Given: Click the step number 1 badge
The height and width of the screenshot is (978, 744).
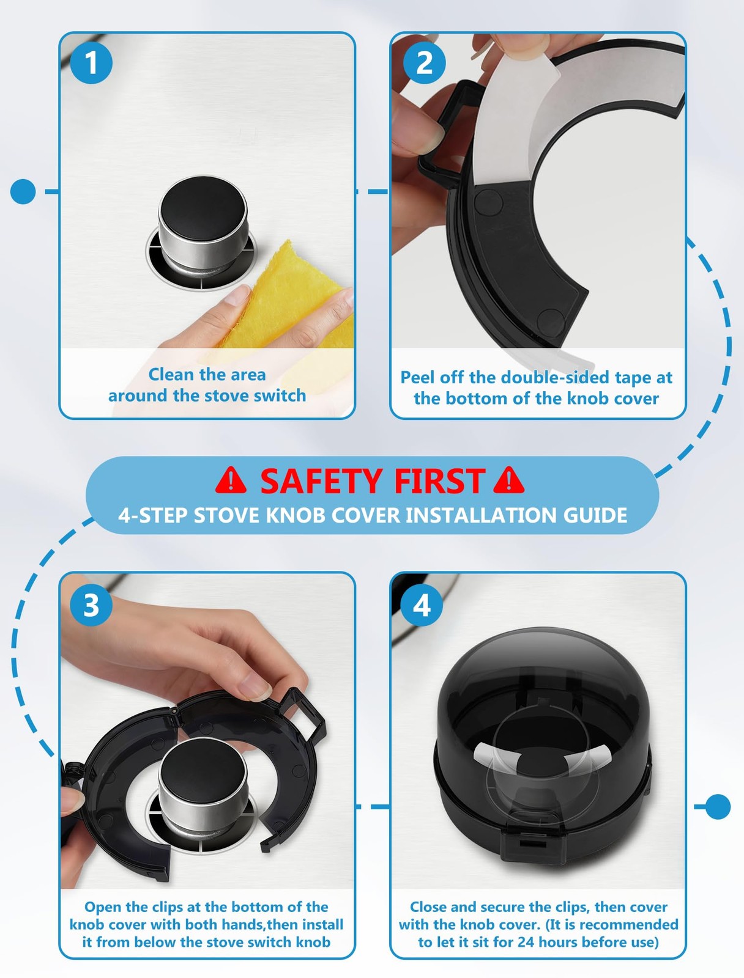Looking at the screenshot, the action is tap(91, 62).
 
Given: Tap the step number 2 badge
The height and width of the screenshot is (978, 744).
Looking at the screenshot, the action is tap(424, 62).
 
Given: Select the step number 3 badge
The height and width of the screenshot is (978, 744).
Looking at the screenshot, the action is tap(91, 605).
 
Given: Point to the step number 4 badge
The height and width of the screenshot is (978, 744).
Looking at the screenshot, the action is tap(422, 605).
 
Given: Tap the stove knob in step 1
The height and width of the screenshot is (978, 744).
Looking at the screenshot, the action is tap(203, 222).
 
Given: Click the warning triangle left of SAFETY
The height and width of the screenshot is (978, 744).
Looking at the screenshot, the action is tap(231, 480).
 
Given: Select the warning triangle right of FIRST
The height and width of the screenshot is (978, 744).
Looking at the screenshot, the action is tap(508, 480).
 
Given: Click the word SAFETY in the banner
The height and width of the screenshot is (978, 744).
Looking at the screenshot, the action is tap(321, 481).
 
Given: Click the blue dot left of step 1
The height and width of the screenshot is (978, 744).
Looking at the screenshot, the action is tap(23, 191).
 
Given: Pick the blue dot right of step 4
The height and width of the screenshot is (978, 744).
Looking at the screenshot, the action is tap(718, 806).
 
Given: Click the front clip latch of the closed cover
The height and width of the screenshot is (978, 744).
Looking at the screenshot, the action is tap(533, 844).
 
